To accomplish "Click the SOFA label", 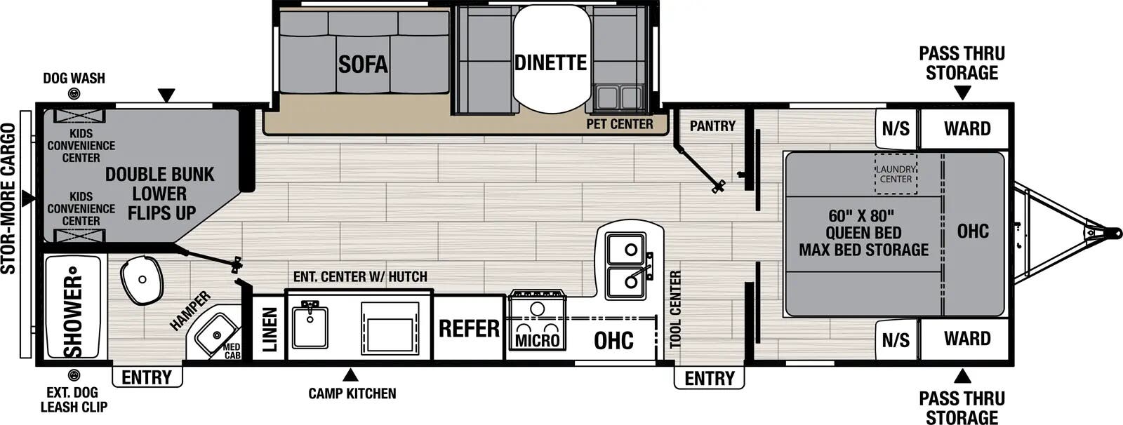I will tap(363, 65).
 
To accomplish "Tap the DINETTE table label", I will tap(551, 62).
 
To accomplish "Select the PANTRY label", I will tap(712, 126).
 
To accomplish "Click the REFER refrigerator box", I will tap(469, 328).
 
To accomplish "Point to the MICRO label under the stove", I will tap(538, 341).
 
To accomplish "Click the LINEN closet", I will tap(269, 329).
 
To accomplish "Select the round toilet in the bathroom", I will tap(142, 280).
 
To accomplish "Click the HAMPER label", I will tap(190, 311).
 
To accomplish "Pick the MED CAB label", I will tap(232, 351).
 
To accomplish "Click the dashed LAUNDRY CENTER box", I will tap(896, 174).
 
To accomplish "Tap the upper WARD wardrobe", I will tap(966, 129).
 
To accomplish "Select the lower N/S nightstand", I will tap(896, 340).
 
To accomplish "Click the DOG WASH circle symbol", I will tap(74, 94).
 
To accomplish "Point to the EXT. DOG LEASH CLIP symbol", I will tap(74, 376).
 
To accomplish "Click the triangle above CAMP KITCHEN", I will tap(350, 375).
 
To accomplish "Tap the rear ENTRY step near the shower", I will tap(147, 377).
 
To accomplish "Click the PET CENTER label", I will tap(620, 124).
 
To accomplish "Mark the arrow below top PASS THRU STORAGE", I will tap(962, 93).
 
